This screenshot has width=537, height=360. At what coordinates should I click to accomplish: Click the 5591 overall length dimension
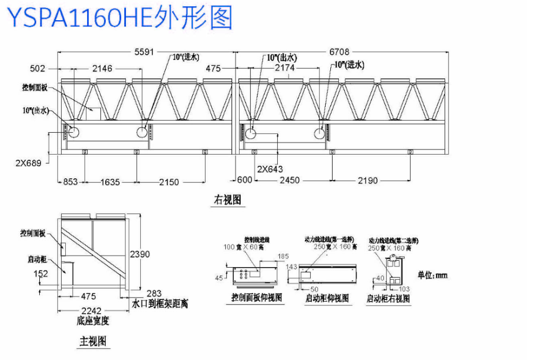coord(144,52)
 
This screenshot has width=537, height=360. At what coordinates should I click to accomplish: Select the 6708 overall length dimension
coord(339,52)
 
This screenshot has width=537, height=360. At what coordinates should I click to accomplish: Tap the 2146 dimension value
coord(103,69)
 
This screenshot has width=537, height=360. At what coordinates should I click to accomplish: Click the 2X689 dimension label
coord(28,163)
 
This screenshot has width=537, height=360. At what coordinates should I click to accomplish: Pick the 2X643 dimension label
coord(270,169)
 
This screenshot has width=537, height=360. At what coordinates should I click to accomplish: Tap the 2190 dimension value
coord(367,181)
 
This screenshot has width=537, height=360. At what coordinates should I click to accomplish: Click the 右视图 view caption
coord(227,200)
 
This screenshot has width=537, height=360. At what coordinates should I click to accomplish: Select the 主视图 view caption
coord(93,341)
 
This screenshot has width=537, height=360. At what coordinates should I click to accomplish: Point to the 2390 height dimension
coord(141,254)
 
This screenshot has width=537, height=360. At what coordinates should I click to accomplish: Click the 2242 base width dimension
coord(92,310)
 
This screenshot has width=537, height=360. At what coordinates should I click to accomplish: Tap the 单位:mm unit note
coord(432,275)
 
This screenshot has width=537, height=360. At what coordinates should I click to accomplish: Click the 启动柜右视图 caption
coord(388,298)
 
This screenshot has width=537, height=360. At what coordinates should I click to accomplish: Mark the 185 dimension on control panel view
coord(283,256)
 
